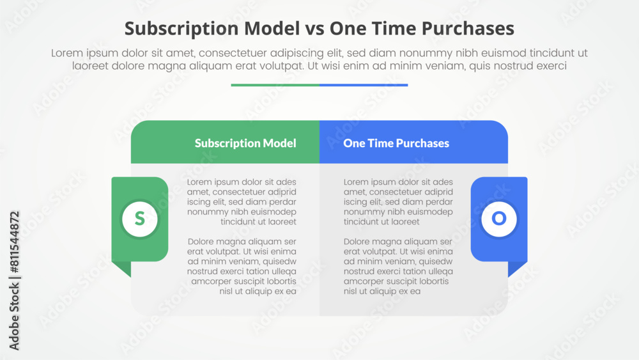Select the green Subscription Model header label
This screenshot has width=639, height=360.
[x=245, y=143]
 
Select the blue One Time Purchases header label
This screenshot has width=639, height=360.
[x=396, y=143]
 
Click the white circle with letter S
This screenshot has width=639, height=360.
[x=140, y=219]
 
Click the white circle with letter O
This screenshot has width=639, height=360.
[x=499, y=219]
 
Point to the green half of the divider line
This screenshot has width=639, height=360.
[x=275, y=84]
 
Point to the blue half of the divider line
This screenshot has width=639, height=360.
[x=364, y=84]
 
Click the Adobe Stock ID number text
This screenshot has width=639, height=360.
[x=15, y=281]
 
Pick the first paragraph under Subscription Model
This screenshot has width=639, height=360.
[x=242, y=202]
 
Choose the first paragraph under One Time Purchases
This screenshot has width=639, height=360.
[x=398, y=202]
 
